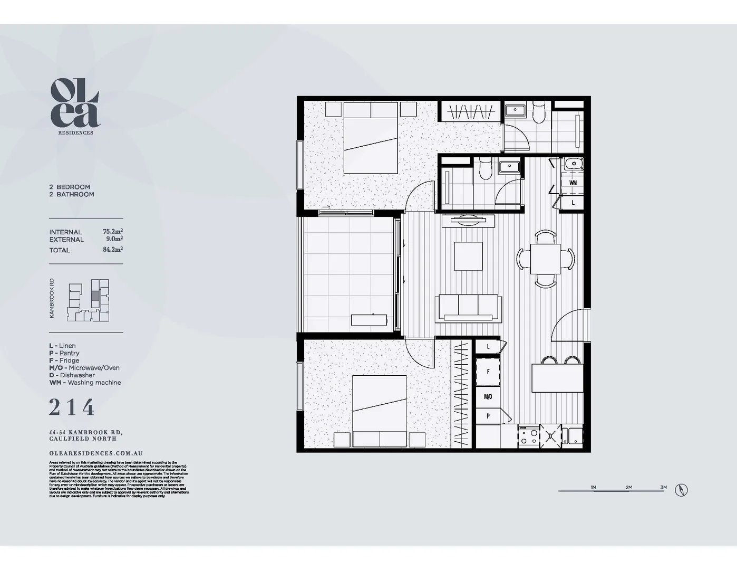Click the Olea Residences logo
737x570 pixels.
point(75,106)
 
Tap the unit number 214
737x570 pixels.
point(72,407)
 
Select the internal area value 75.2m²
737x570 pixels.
point(112,231)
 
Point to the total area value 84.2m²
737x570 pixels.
point(112,250)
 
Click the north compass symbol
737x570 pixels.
point(681,490)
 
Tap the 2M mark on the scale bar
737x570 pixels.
point(628,487)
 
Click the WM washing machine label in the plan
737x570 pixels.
point(573,183)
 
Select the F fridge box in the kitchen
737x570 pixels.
point(488,372)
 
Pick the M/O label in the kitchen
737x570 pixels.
point(488,396)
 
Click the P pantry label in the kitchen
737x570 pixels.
point(488,416)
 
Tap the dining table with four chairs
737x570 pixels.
point(545,259)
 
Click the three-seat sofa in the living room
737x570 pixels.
point(468,308)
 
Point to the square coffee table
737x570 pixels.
point(468,256)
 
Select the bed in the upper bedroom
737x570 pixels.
point(371,138)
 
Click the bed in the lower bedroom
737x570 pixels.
point(380,411)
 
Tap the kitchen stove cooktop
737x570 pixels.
point(529,436)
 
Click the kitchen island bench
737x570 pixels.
point(557,378)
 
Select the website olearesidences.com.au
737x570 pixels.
point(96,453)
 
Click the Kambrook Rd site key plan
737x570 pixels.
point(89,300)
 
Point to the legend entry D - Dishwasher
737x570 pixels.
point(72,375)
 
